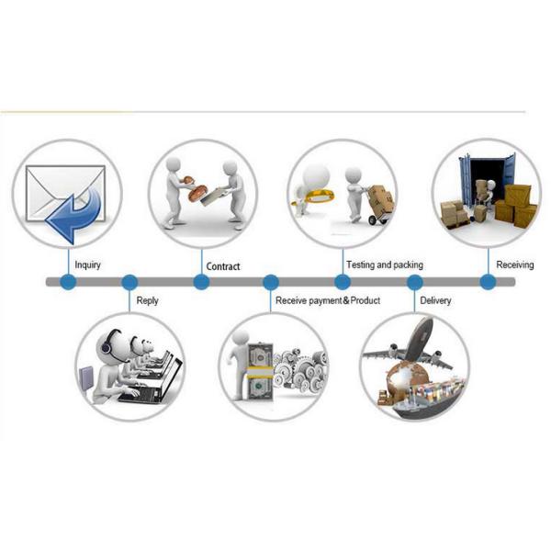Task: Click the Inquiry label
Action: coord(88,265)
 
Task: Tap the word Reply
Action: coord(147,300)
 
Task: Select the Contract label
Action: coord(223,266)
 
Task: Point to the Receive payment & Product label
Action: coord(328,300)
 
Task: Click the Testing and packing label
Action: coord(384,265)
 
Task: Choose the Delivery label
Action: coord(435,300)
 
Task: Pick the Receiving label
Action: coord(514,265)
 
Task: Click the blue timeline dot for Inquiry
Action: coord(67,282)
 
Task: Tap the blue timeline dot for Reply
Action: coord(129,282)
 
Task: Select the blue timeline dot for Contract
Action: coord(201,282)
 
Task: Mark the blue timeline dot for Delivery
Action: coord(414,282)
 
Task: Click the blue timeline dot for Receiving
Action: coord(487,282)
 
